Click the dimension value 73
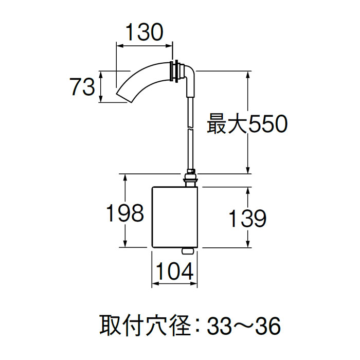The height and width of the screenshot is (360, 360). (83, 86)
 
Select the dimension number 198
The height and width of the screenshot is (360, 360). (125, 212)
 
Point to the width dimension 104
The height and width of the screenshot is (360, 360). (173, 271)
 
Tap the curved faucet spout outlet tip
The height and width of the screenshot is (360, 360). (124, 96)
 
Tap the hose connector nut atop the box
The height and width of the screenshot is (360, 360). (190, 178)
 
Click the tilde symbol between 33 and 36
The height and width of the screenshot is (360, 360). (243, 325)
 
